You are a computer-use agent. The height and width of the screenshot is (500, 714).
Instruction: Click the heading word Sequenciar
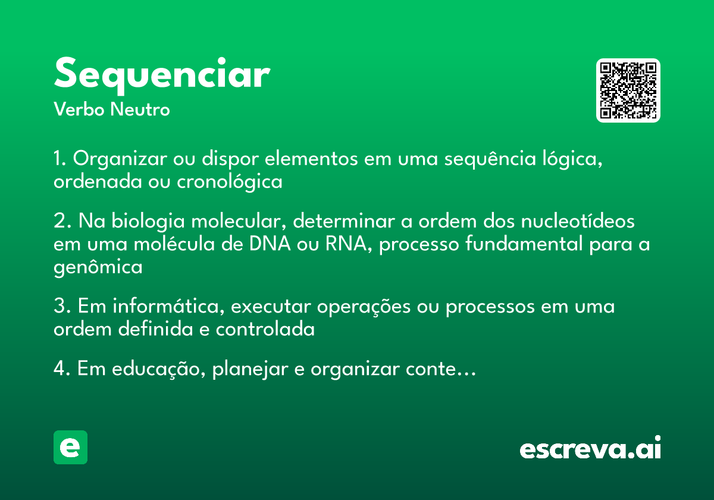(162, 75)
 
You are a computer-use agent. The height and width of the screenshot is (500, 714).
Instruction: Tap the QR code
(628, 90)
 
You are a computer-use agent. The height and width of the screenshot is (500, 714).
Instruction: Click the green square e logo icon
(70, 448)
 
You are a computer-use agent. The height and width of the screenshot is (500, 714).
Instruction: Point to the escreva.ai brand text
(590, 449)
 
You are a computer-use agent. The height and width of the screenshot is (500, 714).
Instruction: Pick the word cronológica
(230, 182)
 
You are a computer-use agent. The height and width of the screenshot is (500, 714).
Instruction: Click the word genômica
(98, 268)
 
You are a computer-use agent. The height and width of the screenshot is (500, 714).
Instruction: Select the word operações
(363, 308)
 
